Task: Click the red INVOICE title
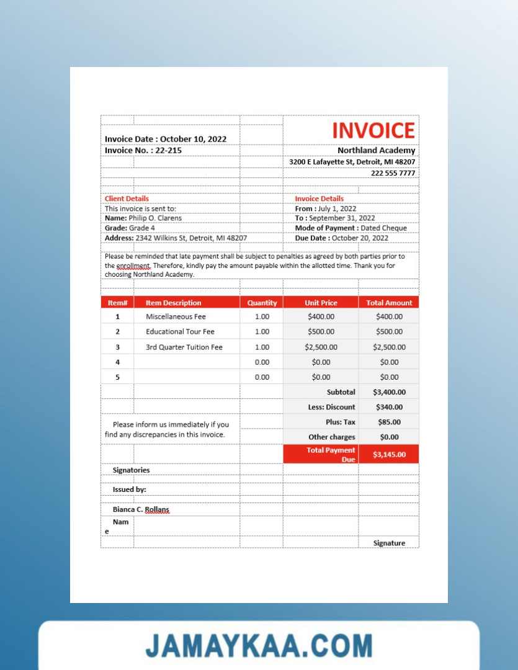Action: (373, 130)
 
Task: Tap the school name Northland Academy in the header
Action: (376, 151)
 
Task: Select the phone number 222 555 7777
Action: (393, 173)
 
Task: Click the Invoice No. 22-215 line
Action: (143, 150)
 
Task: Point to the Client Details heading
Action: (127, 199)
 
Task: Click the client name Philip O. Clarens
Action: (154, 218)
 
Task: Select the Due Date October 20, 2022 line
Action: (341, 238)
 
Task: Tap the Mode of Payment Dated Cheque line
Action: (351, 228)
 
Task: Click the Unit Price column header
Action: (321, 303)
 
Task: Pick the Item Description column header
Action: (173, 303)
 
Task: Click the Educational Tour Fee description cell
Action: (180, 332)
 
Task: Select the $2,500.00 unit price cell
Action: (321, 347)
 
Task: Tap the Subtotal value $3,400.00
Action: (389, 392)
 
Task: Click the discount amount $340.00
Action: (389, 407)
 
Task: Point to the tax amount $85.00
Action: (389, 422)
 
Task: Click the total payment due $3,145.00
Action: (389, 455)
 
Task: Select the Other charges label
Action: (331, 437)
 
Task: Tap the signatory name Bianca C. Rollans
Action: (141, 509)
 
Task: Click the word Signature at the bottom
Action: (389, 543)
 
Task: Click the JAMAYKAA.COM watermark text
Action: (259, 645)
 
